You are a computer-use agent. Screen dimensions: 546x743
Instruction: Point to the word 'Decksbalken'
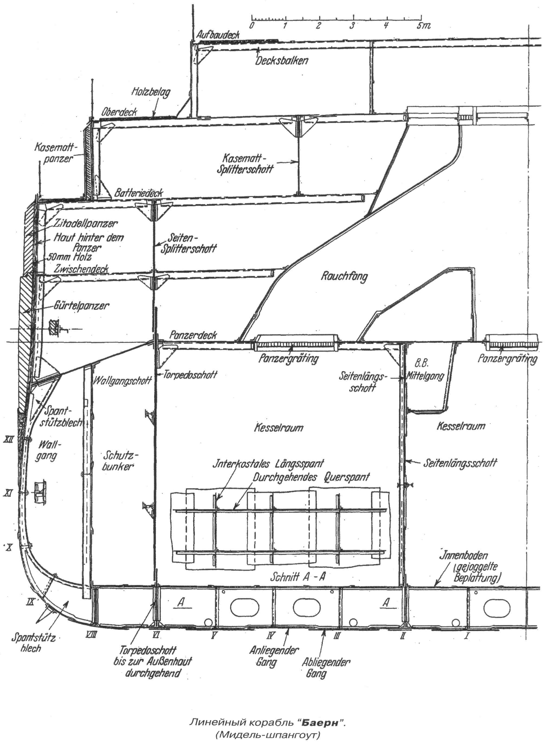(x=282, y=60)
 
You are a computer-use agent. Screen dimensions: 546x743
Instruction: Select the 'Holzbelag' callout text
(x=151, y=92)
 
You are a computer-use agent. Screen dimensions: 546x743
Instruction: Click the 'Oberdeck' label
(x=119, y=112)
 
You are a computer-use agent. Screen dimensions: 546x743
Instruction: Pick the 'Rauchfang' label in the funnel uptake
(x=344, y=276)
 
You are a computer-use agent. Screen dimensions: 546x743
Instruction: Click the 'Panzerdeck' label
(x=193, y=335)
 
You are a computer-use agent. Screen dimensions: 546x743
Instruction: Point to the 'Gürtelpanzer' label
(x=81, y=305)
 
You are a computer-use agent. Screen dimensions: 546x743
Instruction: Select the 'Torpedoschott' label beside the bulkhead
(x=190, y=375)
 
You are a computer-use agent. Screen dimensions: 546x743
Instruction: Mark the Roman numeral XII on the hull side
(x=9, y=440)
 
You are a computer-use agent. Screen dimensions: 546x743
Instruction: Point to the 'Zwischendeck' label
(x=81, y=269)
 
